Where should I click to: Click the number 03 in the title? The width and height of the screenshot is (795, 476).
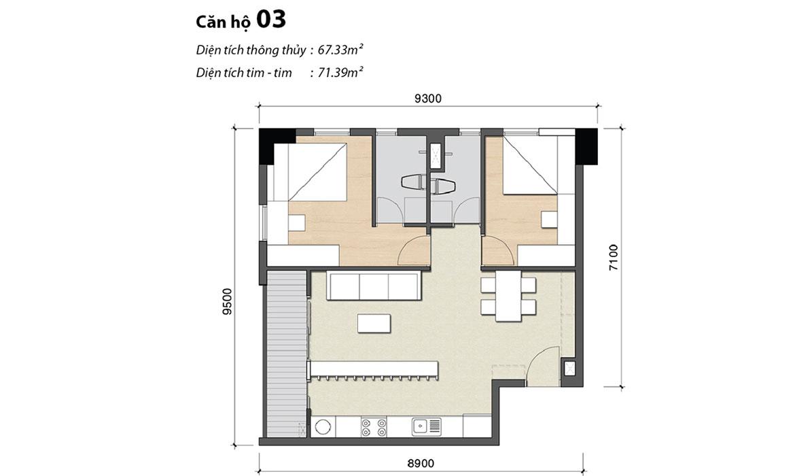click(x=271, y=20)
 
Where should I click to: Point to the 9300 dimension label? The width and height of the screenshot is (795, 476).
click(x=428, y=99)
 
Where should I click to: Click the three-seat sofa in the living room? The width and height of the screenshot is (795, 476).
click(x=373, y=286)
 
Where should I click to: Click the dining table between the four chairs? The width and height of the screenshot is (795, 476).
click(x=508, y=296)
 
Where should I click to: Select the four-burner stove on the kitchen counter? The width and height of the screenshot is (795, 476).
click(x=374, y=426)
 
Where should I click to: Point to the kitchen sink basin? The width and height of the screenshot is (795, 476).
click(x=421, y=426)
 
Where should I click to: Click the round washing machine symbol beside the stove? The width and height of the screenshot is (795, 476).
click(x=322, y=427)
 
